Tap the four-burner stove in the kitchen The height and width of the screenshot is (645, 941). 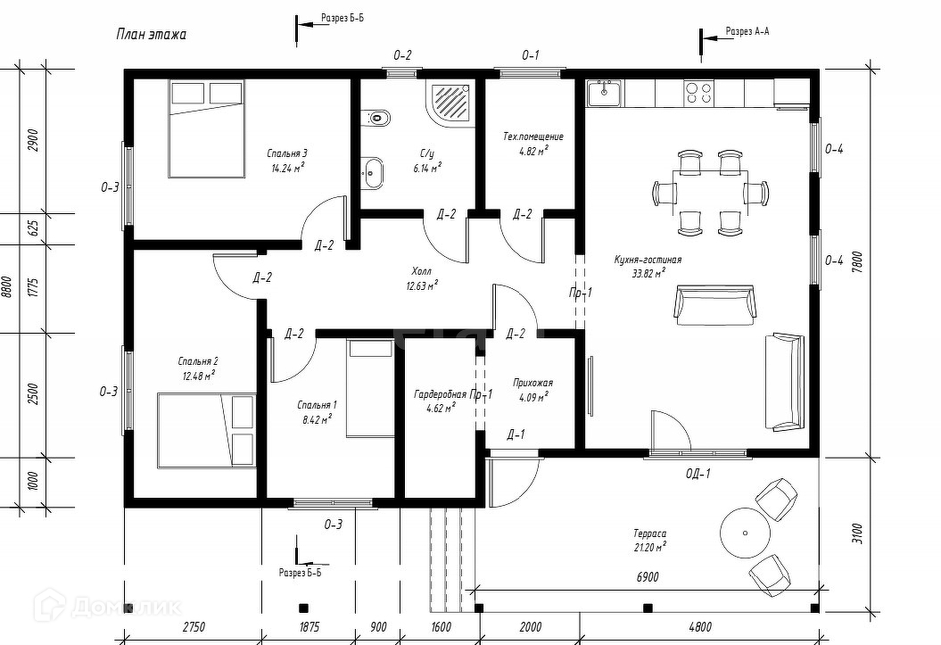pos(697,93)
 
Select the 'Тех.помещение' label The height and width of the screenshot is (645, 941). pos(533,137)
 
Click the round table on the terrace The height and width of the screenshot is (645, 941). pos(745,532)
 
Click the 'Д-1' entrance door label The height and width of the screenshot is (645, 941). pos(516,434)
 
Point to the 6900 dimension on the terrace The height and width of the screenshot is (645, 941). pos(648,577)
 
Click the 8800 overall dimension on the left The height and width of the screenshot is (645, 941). pos(8,287)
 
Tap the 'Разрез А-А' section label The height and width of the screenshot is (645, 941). pos(747,31)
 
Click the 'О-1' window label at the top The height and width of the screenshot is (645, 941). pos(530,55)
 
